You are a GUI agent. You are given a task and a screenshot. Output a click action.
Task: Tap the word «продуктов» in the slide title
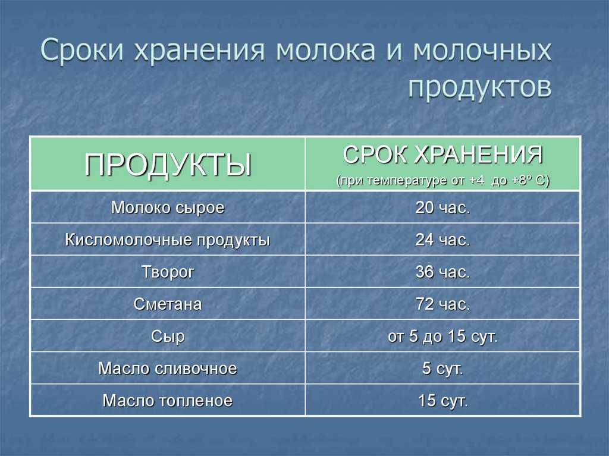pos(480,88)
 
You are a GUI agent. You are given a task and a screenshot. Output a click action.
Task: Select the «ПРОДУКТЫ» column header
pos(168,165)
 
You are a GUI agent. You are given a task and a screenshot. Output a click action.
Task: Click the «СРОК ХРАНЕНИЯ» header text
pos(442,155)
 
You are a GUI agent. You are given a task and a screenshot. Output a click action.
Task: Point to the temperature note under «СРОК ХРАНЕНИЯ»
pos(442,181)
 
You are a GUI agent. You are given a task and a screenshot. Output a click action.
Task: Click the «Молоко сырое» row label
pos(168,208)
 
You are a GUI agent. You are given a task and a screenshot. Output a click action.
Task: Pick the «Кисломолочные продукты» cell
pos(167,240)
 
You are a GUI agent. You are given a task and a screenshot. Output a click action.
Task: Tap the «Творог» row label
pos(168,272)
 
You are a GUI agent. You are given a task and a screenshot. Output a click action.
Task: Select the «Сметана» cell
pos(168,304)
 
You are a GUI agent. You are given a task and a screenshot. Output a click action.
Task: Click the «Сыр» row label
pos(168,337)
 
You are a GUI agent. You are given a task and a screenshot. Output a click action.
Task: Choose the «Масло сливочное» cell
pos(168,369)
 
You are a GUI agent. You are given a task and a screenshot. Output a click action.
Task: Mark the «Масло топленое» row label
pos(168,401)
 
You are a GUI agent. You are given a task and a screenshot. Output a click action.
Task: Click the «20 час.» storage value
pos(442,208)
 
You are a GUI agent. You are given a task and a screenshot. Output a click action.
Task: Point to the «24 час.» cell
pos(442,240)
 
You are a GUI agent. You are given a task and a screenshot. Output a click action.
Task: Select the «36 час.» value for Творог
pos(442,272)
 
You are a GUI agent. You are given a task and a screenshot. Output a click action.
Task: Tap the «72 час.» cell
pos(442,304)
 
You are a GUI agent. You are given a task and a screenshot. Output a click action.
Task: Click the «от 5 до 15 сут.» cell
pos(442,337)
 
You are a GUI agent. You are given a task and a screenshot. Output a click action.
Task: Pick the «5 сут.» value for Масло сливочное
pos(442,369)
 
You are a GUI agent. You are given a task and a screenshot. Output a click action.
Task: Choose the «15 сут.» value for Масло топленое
pos(442,401)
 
